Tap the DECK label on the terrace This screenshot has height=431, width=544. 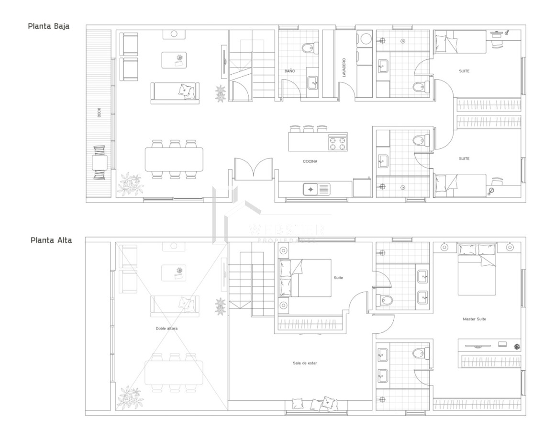pos(100,113)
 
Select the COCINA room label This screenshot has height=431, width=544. pos(310,161)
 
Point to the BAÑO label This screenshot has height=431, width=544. pos(289,70)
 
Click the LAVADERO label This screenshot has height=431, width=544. pos(344,68)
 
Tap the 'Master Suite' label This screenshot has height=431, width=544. pos(474,318)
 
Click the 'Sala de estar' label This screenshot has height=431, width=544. pos(305,363)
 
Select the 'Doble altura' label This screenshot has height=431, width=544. pos(166,329)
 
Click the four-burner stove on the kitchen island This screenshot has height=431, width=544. pos(337,143)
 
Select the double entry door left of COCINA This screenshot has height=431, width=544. pos(253,169)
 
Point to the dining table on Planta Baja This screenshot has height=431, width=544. pos(174,159)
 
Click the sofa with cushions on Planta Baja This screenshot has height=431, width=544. pos(175,92)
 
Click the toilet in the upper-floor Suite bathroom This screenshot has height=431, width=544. pos(385,300)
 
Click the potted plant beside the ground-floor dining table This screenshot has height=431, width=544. pos(131,183)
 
